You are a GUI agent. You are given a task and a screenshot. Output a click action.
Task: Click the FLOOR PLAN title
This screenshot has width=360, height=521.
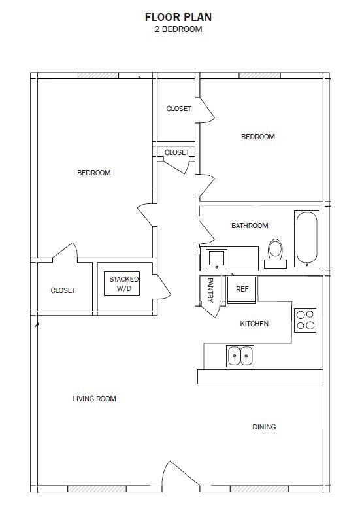click(178, 17)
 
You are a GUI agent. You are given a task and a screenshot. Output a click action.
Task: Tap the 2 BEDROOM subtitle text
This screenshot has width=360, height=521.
click(178, 29)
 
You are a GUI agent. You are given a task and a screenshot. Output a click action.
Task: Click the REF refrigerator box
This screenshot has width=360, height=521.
click(242, 289)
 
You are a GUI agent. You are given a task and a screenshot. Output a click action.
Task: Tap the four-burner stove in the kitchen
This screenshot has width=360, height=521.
click(305, 320)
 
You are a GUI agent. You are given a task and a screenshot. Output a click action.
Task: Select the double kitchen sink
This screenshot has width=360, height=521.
click(240, 356)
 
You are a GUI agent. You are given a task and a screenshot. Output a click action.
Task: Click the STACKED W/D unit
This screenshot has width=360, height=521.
click(123, 284)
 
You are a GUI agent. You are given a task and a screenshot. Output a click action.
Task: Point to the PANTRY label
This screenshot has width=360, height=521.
click(210, 290)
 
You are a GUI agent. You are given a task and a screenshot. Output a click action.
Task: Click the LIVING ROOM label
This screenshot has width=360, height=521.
click(99, 398)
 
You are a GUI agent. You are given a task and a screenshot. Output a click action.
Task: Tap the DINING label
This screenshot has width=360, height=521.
click(264, 427)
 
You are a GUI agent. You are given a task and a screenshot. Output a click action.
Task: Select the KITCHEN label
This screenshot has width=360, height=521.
click(254, 324)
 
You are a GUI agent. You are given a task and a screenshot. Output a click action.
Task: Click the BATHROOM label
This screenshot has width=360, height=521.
click(250, 226)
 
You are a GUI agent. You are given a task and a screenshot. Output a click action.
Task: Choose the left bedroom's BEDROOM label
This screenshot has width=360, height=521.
click(94, 173)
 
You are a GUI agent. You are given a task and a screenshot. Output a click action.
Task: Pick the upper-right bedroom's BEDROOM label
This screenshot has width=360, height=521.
click(258, 137)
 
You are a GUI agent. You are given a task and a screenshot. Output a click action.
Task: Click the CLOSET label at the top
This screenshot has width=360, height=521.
click(178, 109)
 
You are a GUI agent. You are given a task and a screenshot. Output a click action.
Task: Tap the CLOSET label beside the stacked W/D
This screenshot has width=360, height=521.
click(63, 290)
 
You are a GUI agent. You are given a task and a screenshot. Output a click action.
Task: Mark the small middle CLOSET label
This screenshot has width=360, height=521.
click(176, 152)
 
